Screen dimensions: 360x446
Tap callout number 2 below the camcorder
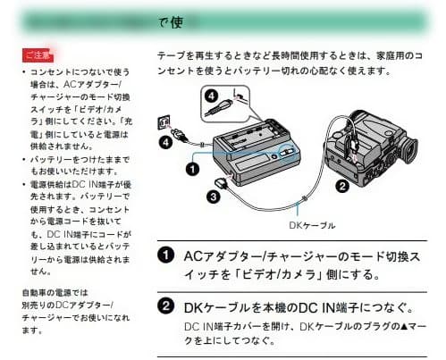point(341,186)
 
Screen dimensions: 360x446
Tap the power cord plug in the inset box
point(218,112)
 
